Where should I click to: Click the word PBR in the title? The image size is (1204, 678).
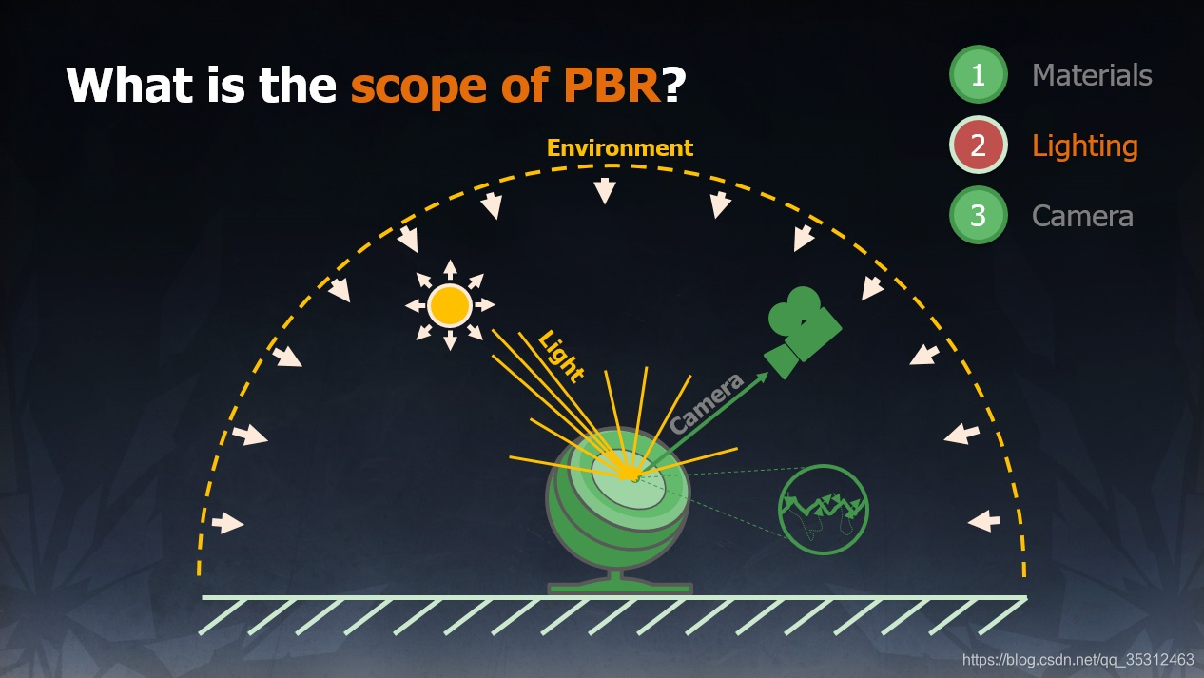pyautogui.click(x=604, y=86)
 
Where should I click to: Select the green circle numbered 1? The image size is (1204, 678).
pyautogui.click(x=978, y=75)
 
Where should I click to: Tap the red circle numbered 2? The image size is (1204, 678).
pyautogui.click(x=978, y=145)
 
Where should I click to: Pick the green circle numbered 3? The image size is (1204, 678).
pyautogui.click(x=978, y=216)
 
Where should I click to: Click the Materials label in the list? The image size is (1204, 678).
pyautogui.click(x=1092, y=75)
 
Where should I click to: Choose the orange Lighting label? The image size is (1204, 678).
pyautogui.click(x=1085, y=145)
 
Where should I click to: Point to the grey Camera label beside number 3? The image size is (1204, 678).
pyautogui.click(x=1082, y=216)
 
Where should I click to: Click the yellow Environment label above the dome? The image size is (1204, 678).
pyautogui.click(x=620, y=148)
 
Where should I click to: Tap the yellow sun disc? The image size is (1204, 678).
pyautogui.click(x=449, y=305)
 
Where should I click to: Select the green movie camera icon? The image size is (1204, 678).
pyautogui.click(x=801, y=331)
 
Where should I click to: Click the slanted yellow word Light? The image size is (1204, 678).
pyautogui.click(x=561, y=355)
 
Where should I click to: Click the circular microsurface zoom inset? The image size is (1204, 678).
pyautogui.click(x=823, y=510)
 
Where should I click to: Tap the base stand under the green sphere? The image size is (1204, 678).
pyautogui.click(x=619, y=583)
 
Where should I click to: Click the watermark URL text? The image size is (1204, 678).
pyautogui.click(x=1078, y=659)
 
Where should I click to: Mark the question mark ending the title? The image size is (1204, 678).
pyautogui.click(x=674, y=86)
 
